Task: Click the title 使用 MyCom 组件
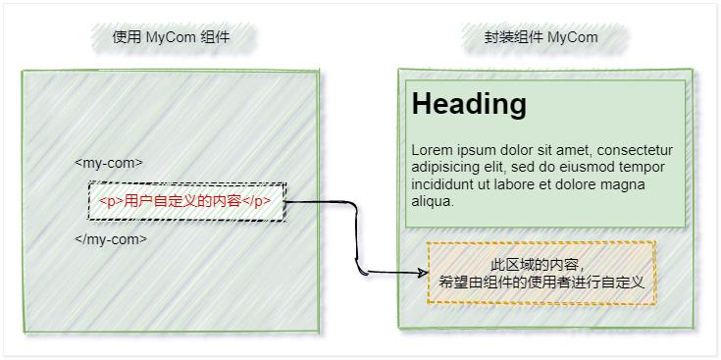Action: point(171,37)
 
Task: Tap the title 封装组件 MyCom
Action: point(541,37)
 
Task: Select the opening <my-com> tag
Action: point(109,163)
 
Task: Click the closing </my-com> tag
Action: point(111,238)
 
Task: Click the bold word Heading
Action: point(469,104)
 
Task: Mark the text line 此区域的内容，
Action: point(538,265)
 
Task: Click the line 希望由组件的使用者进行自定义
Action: point(541,282)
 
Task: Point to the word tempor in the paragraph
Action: point(643,168)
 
